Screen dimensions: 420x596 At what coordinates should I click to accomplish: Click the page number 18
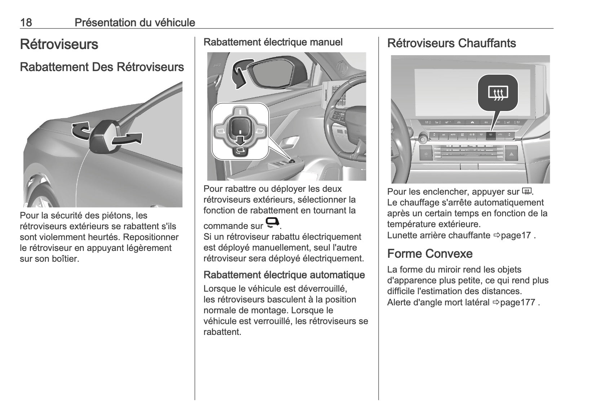pyautogui.click(x=26, y=23)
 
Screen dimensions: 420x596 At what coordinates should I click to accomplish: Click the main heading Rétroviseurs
pyautogui.click(x=59, y=44)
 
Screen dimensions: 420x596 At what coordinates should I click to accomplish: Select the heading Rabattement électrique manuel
pyautogui.click(x=273, y=42)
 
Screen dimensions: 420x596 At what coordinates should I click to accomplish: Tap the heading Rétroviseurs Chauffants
pyautogui.click(x=451, y=43)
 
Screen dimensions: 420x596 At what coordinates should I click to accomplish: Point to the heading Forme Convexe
pyautogui.click(x=430, y=254)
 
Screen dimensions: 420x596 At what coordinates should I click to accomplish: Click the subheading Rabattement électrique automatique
pyautogui.click(x=284, y=275)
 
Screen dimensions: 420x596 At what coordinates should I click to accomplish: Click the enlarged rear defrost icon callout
pyautogui.click(x=498, y=93)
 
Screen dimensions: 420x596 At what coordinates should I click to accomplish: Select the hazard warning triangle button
pyautogui.click(x=511, y=154)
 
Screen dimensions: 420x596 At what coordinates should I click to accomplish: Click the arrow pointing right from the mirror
pyautogui.click(x=128, y=139)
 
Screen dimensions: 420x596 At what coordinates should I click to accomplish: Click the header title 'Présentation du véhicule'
pyautogui.click(x=135, y=23)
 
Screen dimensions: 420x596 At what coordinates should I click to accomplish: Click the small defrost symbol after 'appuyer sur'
pyautogui.click(x=526, y=191)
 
